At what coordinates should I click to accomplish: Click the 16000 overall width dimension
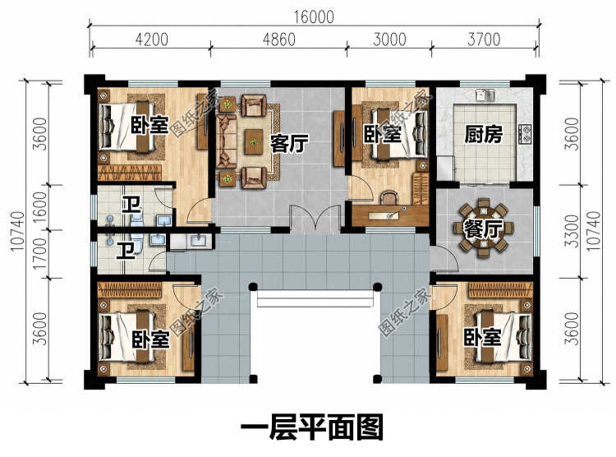point(314,17)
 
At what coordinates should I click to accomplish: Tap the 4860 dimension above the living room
point(279,39)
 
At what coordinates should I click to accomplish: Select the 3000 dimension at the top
point(389,39)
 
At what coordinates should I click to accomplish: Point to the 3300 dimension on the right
point(573,231)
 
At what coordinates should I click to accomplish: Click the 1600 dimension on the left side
point(40,207)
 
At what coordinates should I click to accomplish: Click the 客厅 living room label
point(289,144)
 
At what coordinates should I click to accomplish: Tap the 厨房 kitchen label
point(483,135)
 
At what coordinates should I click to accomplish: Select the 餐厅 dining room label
point(483,229)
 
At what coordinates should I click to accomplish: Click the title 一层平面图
point(312,427)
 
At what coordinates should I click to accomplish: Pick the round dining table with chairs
point(484,228)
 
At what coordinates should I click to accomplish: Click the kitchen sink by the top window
point(485,95)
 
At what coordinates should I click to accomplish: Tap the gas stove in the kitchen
point(526,134)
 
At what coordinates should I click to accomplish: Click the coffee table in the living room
point(255,141)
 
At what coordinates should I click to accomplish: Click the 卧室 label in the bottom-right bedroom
point(482,337)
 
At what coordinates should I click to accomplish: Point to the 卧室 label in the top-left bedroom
point(149,125)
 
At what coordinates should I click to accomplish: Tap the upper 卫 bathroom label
point(131,205)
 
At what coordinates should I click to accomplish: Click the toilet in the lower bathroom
point(136,240)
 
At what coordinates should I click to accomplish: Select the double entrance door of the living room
point(315,219)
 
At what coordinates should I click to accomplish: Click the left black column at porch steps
point(253,287)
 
